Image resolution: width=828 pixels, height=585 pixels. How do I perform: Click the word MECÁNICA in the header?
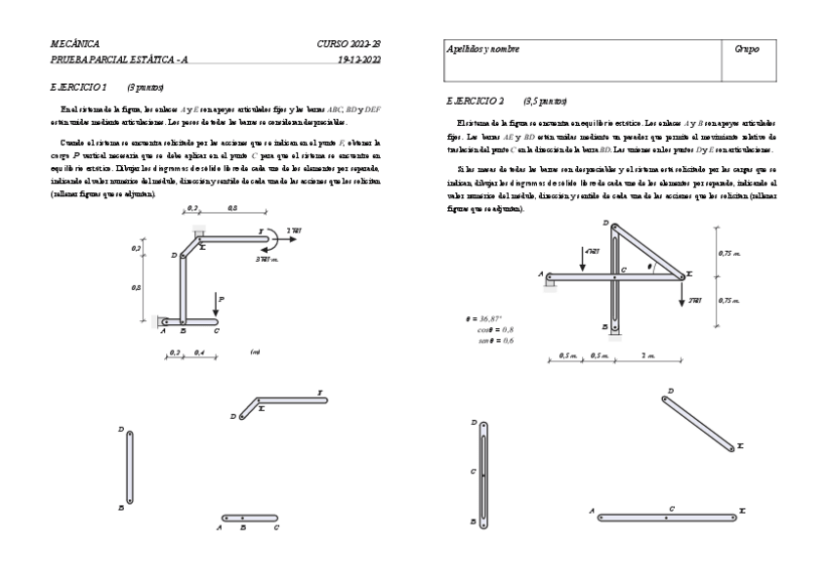pyautogui.click(x=74, y=44)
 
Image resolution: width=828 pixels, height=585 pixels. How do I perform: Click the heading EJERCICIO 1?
pyautogui.click(x=80, y=87)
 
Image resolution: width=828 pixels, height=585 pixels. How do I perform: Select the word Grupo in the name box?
pyautogui.click(x=747, y=49)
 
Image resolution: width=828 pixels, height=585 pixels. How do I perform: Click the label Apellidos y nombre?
pyautogui.click(x=482, y=49)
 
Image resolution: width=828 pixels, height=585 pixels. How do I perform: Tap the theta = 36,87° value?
pyautogui.click(x=488, y=319)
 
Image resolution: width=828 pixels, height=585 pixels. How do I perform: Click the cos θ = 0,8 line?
pyautogui.click(x=497, y=329)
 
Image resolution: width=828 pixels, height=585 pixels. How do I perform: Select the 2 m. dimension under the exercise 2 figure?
pyautogui.click(x=648, y=354)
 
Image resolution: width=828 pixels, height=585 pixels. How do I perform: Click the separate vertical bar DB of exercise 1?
pyautogui.click(x=129, y=467)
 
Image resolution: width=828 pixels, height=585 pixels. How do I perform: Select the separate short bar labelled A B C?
pyautogui.click(x=249, y=517)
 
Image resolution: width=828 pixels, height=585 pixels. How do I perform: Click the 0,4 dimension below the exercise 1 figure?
pyautogui.click(x=199, y=352)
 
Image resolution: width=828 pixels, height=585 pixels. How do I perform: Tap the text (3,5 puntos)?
pyautogui.click(x=543, y=101)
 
